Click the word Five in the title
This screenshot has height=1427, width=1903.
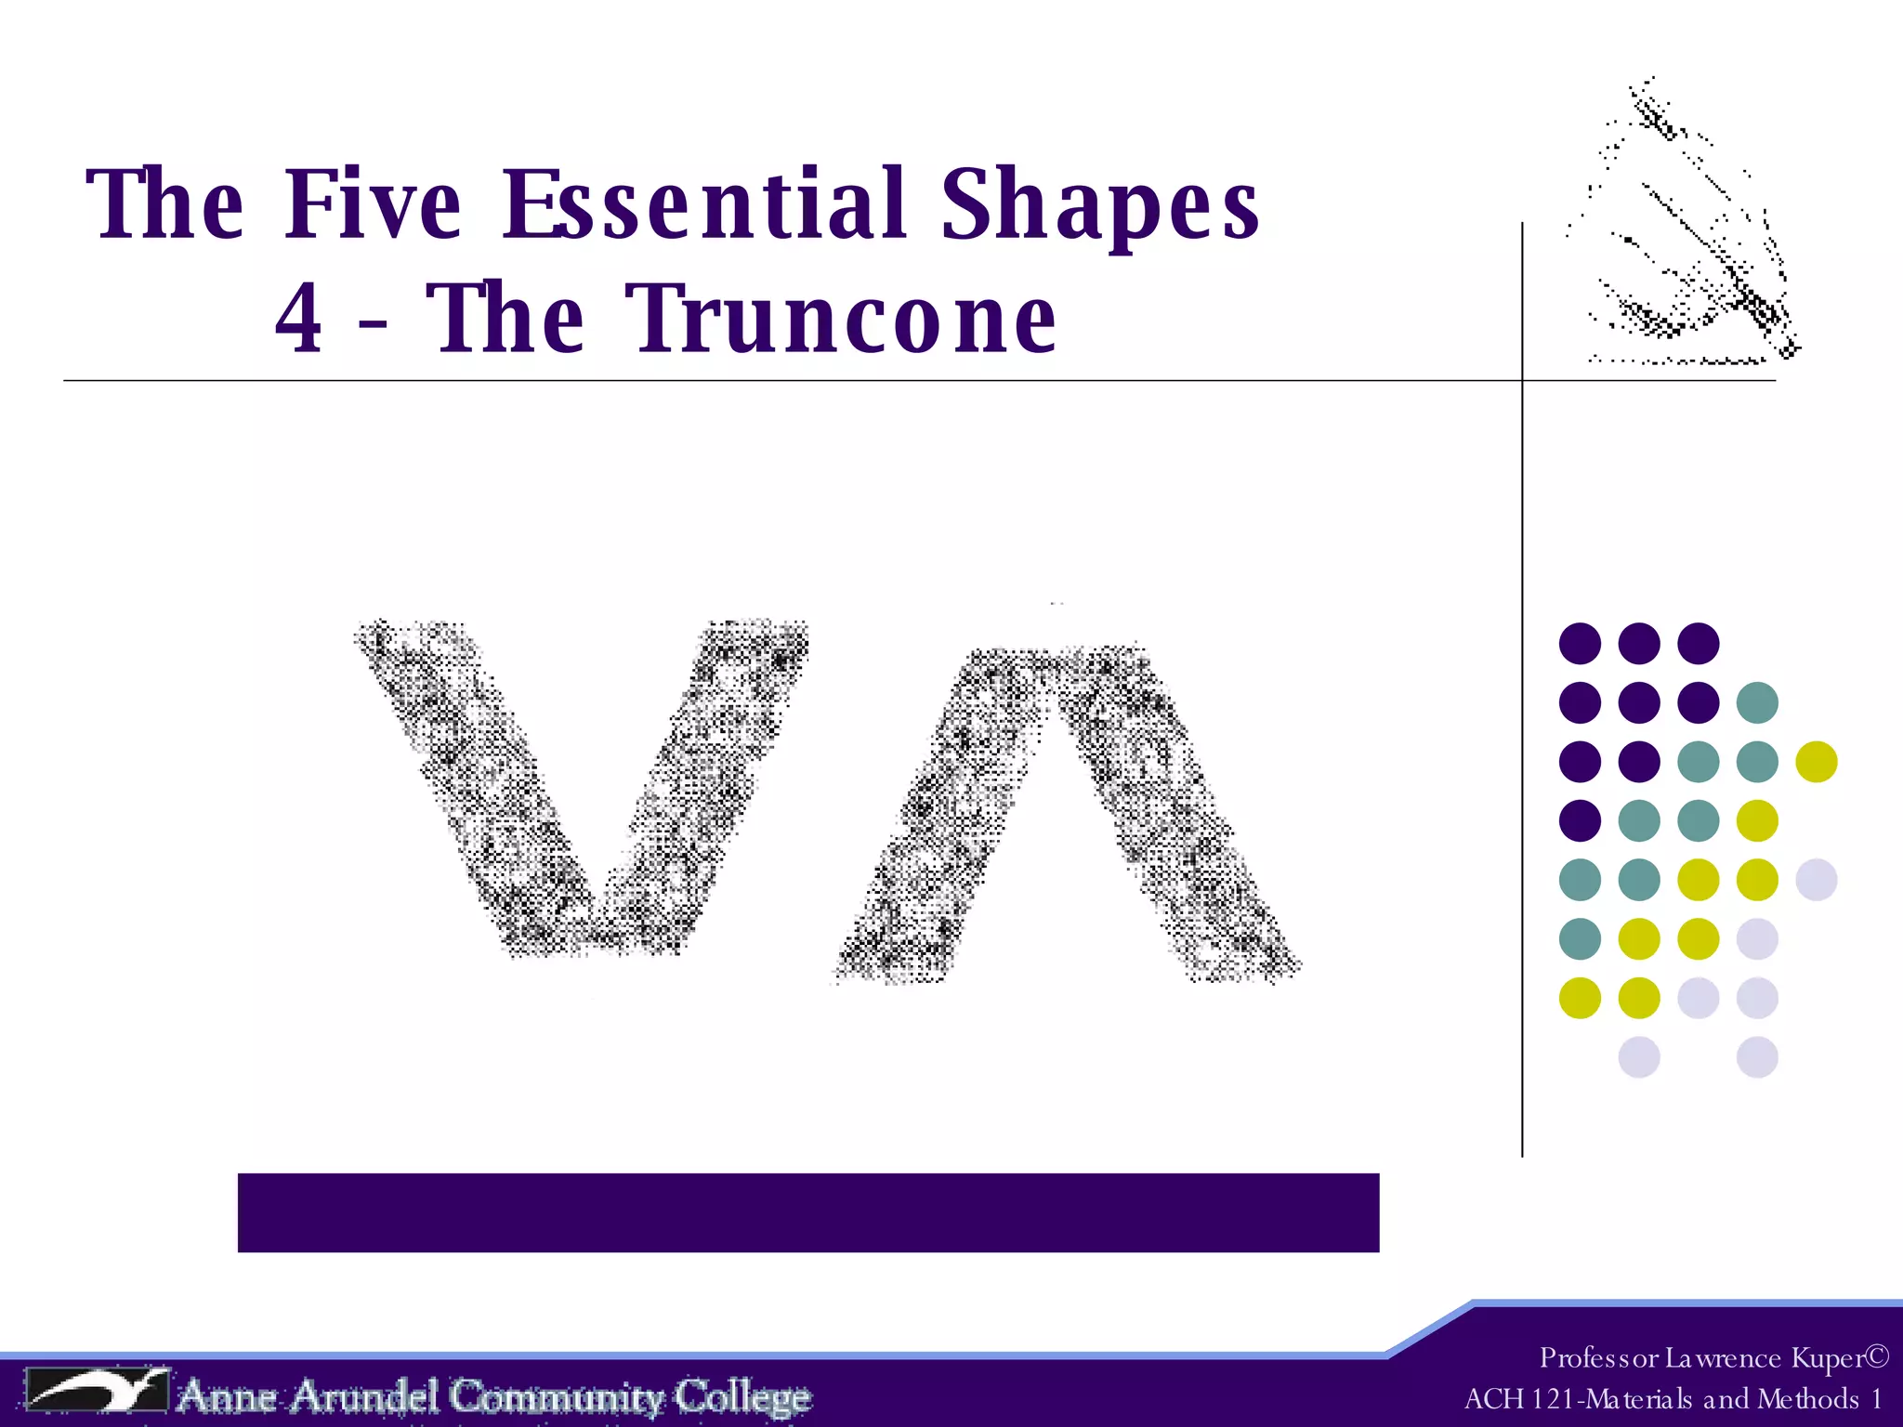point(372,204)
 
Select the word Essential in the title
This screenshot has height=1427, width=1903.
point(703,204)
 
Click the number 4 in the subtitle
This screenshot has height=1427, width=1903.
point(299,319)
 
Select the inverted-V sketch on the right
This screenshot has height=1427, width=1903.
point(1064,813)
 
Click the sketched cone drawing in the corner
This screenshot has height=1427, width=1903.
point(1691,232)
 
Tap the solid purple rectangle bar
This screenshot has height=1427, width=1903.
point(807,1212)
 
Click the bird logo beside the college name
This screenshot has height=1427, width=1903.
point(98,1391)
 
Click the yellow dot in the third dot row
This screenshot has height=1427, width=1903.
point(1816,762)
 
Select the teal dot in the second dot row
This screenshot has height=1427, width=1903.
point(1757,702)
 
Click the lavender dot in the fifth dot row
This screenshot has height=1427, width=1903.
point(1816,880)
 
